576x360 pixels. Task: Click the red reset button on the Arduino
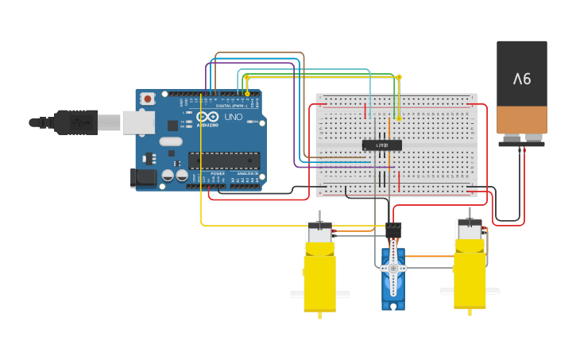[147, 99]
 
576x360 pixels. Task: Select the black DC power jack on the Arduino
[143, 178]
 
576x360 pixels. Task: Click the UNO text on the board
[234, 117]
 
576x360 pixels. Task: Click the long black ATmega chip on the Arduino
[224, 160]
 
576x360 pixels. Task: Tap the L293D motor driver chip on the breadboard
[381, 145]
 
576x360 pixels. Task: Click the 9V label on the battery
[522, 79]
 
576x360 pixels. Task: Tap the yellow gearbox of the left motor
[319, 278]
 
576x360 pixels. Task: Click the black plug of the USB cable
[75, 122]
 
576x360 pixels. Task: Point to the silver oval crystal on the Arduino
[170, 141]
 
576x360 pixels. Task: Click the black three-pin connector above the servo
[394, 230]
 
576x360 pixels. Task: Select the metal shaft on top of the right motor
[469, 212]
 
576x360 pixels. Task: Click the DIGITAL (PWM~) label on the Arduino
[230, 105]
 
